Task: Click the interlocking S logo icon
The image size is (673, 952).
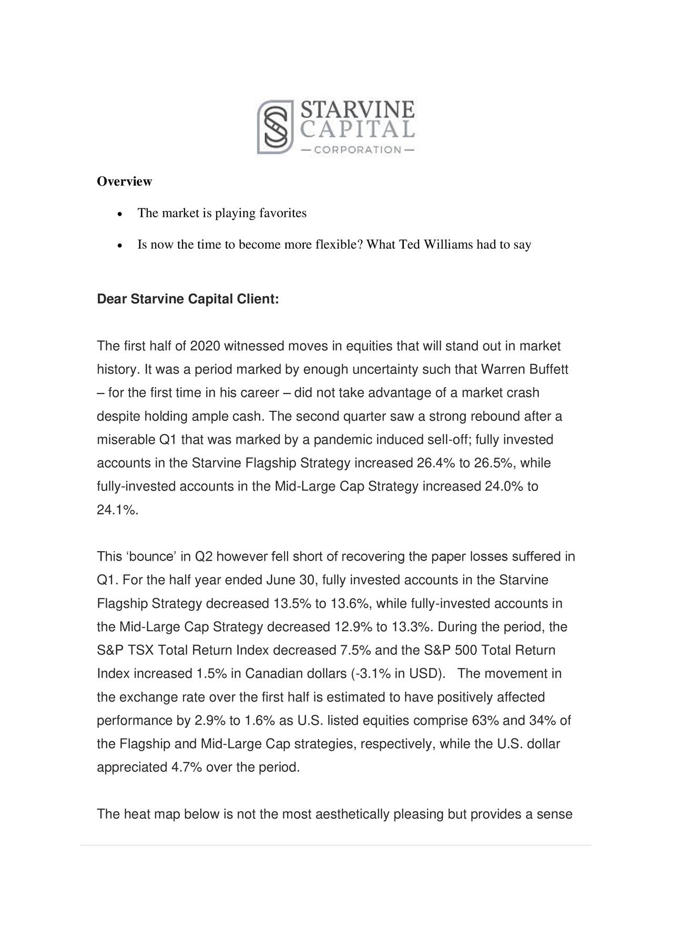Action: pyautogui.click(x=275, y=127)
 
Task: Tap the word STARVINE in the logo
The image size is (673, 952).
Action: pyautogui.click(x=357, y=110)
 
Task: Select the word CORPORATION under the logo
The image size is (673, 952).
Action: pyautogui.click(x=358, y=150)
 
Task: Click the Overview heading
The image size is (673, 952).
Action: pyautogui.click(x=125, y=181)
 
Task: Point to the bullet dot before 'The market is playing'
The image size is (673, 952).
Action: pyautogui.click(x=120, y=215)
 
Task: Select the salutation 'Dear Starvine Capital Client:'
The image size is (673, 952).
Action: pyautogui.click(x=188, y=299)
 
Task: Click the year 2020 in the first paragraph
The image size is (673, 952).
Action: pyautogui.click(x=205, y=346)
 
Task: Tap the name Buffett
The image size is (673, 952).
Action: pyautogui.click(x=549, y=370)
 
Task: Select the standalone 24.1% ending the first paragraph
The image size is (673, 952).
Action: pyautogui.click(x=117, y=510)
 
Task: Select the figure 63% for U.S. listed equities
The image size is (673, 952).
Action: pyautogui.click(x=485, y=721)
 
